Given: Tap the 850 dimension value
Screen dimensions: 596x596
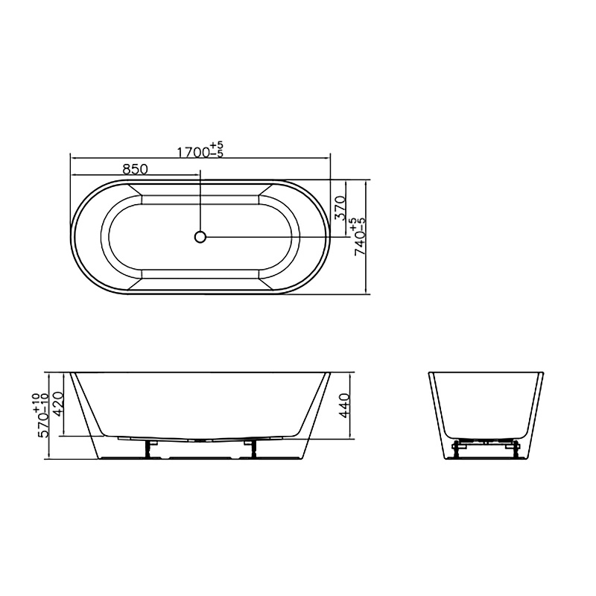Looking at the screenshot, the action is tap(135, 168).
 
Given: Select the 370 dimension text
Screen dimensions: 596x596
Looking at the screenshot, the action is tap(340, 208).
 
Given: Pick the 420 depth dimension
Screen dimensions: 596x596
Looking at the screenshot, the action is tap(60, 404).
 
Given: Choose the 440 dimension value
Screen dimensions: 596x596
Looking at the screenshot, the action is tap(344, 405).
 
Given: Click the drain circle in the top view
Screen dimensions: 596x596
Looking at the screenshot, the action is tap(200, 237).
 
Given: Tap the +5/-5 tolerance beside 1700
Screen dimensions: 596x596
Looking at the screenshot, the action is tap(218, 150).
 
